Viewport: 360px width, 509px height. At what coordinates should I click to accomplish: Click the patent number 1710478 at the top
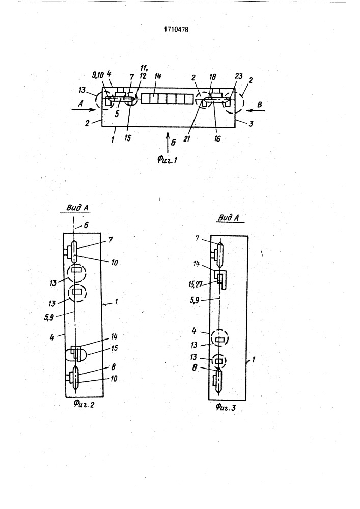click(176, 29)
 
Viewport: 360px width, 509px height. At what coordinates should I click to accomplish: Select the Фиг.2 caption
click(84, 404)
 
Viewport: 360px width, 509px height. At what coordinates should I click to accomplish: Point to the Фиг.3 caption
click(225, 407)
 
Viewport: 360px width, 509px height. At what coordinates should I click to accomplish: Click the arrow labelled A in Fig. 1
click(84, 110)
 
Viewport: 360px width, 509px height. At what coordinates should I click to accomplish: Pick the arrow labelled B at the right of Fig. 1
click(256, 111)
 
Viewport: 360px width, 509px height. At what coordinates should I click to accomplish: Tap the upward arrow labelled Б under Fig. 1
click(168, 142)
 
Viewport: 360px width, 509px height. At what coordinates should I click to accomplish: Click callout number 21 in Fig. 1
click(187, 138)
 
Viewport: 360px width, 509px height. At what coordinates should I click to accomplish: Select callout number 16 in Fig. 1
click(217, 138)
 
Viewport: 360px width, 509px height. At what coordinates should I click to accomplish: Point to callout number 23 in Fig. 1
click(239, 76)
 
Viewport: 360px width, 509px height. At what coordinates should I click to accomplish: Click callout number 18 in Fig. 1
click(213, 77)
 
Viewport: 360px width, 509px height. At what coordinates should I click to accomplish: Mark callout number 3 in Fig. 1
click(251, 123)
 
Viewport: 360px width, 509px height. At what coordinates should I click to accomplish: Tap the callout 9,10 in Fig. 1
click(97, 75)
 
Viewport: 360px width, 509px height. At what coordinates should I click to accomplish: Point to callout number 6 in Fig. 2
click(86, 225)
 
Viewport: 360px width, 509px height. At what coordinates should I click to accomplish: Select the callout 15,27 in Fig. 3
click(195, 285)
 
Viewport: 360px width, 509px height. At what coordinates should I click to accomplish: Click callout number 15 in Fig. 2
click(114, 348)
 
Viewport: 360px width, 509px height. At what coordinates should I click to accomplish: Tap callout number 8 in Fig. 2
click(114, 367)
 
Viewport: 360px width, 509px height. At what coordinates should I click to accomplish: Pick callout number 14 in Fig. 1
click(158, 77)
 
